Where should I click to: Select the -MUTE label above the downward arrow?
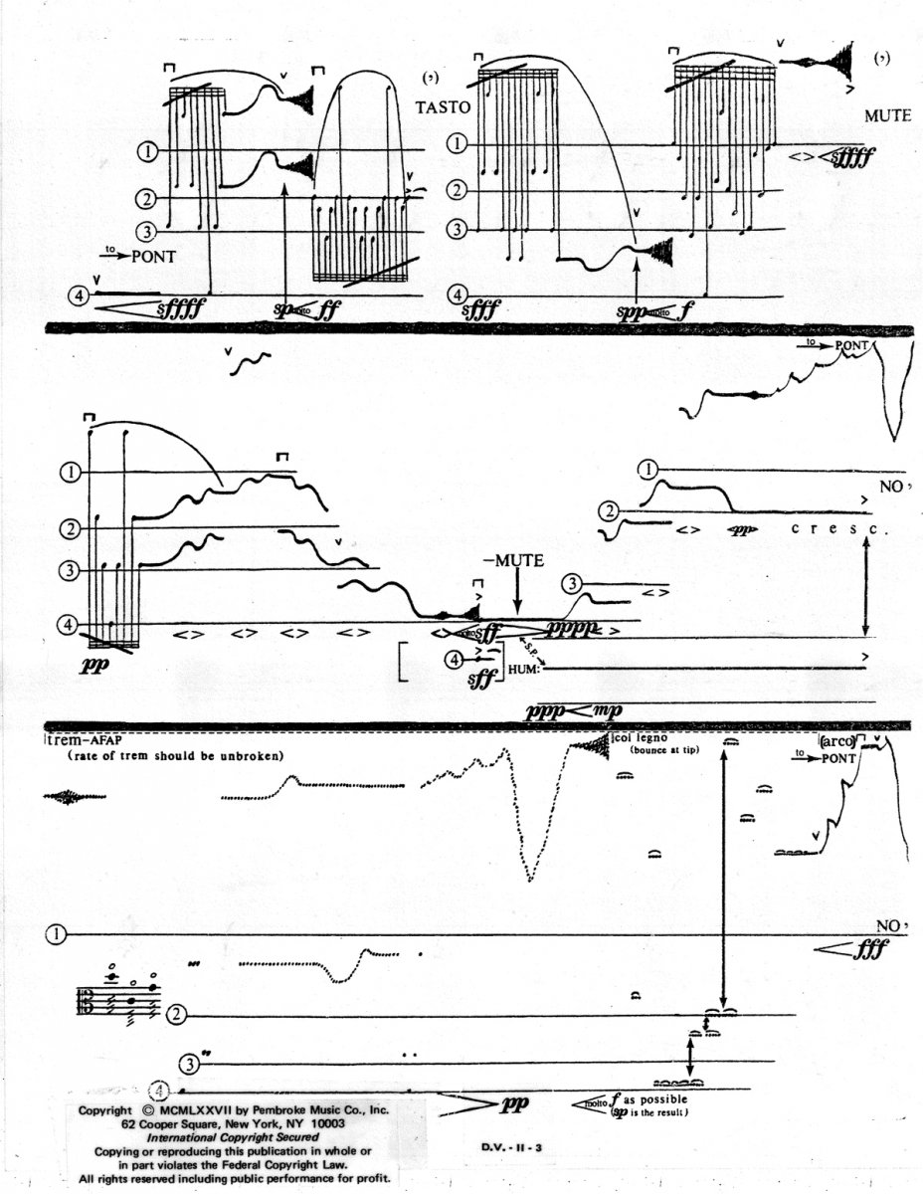[x=513, y=561]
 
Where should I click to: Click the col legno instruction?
[x=637, y=738]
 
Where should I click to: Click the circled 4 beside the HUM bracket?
[x=455, y=658]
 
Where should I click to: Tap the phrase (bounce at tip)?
[x=662, y=750]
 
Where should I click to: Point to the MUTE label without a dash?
[x=887, y=115]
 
